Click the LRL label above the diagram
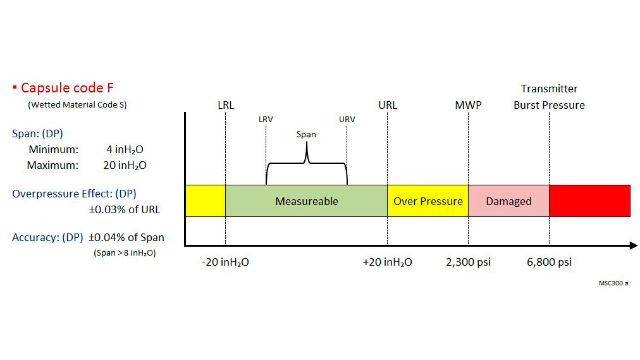[x=225, y=105]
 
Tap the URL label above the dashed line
[x=388, y=105]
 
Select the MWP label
[x=468, y=105]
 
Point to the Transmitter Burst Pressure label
[x=549, y=97]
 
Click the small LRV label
[x=266, y=119]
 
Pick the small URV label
[x=347, y=119]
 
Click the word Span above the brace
[x=306, y=134]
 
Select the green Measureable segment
[x=306, y=201]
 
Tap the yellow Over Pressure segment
[x=428, y=201]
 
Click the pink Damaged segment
[x=508, y=201]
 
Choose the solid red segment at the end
[x=589, y=201]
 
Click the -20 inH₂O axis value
[x=225, y=262]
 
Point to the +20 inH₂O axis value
[x=387, y=262]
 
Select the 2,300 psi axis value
[x=469, y=262]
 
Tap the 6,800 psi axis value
[x=549, y=262]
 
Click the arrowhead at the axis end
[x=633, y=245]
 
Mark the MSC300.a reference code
[x=613, y=283]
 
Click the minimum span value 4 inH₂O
[x=126, y=150]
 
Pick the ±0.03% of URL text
[x=124, y=209]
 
